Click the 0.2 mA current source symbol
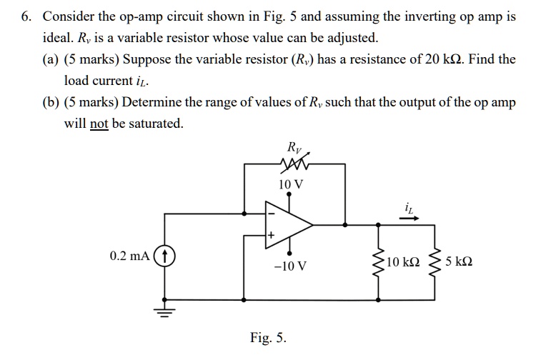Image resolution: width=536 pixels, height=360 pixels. (x=165, y=255)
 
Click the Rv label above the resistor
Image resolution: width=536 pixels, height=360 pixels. (x=294, y=148)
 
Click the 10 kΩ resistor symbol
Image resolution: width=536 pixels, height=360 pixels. (x=377, y=261)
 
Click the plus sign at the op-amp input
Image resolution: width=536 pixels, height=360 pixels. (x=272, y=234)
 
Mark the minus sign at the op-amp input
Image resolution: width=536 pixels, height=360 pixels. (x=271, y=211)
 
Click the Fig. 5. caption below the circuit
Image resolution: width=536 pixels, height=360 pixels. (x=268, y=336)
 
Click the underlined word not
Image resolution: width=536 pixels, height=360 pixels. (x=99, y=124)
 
